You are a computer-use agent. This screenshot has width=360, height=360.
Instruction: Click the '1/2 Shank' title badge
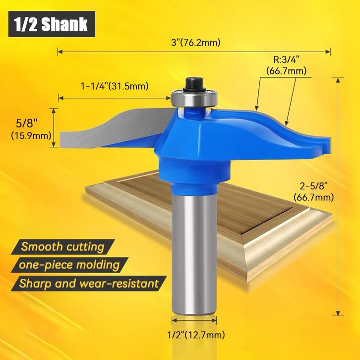point(52,24)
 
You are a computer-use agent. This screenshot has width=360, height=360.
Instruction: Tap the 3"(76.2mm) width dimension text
point(195,43)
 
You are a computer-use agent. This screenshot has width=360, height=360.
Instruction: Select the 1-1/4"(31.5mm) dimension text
point(115,86)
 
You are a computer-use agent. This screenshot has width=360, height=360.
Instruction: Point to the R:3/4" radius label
point(287,60)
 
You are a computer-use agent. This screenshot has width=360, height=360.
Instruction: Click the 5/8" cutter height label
point(27,124)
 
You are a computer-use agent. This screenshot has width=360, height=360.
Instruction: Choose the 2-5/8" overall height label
point(313,186)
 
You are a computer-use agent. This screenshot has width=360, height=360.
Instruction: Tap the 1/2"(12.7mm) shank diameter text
point(196,335)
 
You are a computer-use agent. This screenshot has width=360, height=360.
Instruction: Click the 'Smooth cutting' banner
point(62,247)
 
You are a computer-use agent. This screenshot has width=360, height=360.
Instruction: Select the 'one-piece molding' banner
point(69,265)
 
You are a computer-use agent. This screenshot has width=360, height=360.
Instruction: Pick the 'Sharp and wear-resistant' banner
point(89,284)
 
